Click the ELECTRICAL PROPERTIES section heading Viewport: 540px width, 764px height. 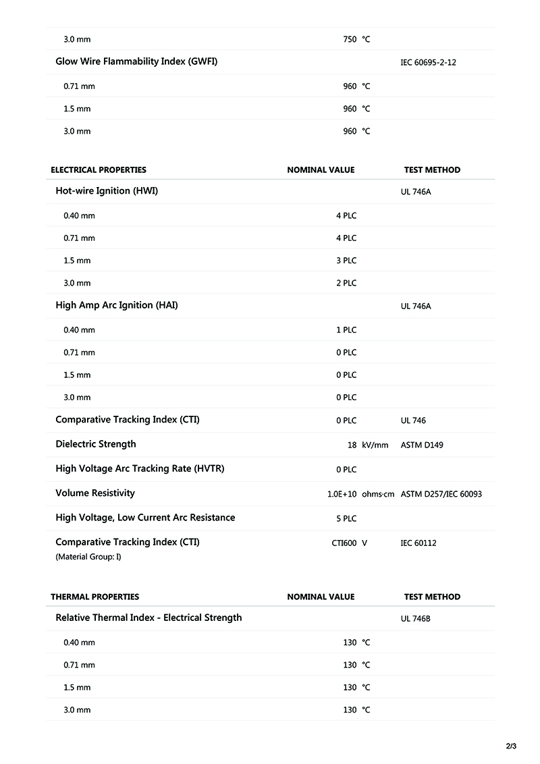[x=99, y=170]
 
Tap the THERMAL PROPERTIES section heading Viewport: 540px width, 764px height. [x=95, y=597]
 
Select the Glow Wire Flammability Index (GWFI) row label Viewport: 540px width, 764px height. [x=136, y=61]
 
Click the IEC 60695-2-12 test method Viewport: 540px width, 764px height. [x=429, y=62]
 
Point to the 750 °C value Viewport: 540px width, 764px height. [x=356, y=40]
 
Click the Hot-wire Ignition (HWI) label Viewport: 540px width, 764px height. [x=107, y=191]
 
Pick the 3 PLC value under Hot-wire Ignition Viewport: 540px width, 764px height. [x=346, y=261]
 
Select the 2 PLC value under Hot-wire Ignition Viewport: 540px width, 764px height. [x=346, y=283]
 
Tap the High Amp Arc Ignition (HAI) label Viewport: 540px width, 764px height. [x=117, y=305]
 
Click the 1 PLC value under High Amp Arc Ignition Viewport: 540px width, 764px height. [x=346, y=330]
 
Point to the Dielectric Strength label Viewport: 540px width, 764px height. [x=96, y=444]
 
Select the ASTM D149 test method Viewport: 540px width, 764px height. [x=422, y=445]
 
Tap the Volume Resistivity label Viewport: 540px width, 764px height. [x=95, y=493]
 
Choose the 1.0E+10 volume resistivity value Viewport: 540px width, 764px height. [x=342, y=494]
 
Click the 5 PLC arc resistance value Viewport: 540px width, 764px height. [x=346, y=518]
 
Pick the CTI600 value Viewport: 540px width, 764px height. [x=344, y=543]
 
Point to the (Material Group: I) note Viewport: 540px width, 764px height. [x=88, y=557]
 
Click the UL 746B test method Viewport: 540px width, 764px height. [x=416, y=618]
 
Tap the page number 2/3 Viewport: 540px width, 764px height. [x=511, y=746]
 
